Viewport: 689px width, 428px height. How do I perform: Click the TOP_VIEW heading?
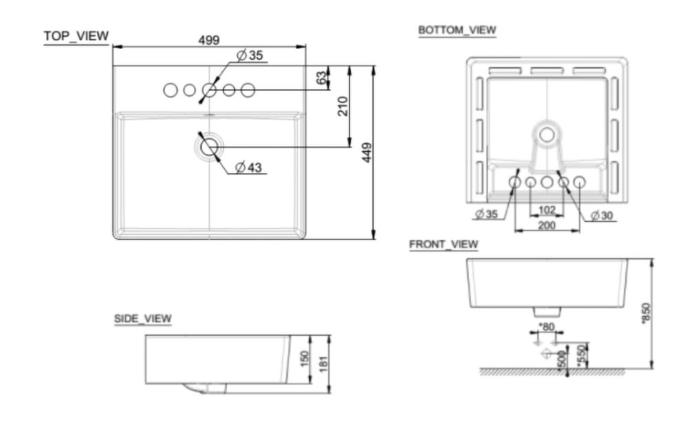pos(76,36)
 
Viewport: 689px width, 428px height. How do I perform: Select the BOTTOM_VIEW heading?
pos(457,30)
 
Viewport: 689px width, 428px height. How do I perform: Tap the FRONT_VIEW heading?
pos(443,244)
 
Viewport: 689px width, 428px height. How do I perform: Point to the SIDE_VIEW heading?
pos(143,319)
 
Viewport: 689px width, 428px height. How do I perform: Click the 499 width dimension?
pos(209,40)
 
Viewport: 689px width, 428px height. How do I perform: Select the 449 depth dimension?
pos(367,153)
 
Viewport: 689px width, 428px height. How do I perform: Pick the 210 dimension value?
pos(342,106)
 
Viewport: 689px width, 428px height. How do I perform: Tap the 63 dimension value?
pos(322,78)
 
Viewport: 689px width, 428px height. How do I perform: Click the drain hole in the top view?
pos(209,146)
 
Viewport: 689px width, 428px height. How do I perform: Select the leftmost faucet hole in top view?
pos(169,90)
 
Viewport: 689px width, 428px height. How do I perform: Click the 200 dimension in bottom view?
pos(546,226)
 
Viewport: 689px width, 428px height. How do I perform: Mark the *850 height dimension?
pos(645,313)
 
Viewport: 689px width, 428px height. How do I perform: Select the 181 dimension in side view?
pos(324,365)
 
